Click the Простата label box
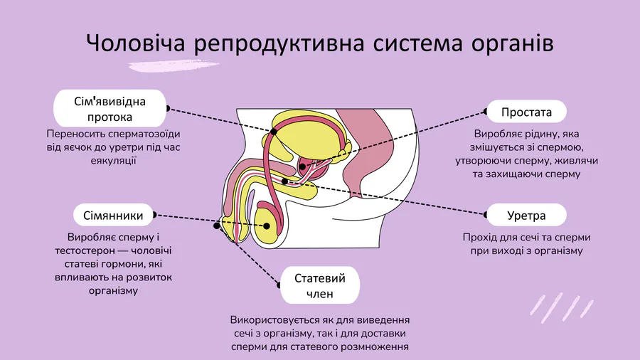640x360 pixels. click(x=526, y=112)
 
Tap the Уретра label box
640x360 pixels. click(x=526, y=215)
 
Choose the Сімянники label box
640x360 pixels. click(x=114, y=215)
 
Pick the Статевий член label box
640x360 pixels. click(x=320, y=285)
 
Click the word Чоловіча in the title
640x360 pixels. click(x=134, y=43)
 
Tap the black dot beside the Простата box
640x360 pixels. click(x=487, y=112)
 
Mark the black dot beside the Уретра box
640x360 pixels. click(x=487, y=215)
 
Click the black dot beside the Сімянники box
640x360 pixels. click(x=155, y=214)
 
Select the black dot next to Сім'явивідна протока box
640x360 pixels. click(x=168, y=108)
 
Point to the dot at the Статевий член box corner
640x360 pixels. click(x=279, y=286)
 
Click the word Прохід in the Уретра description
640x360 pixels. click(x=479, y=237)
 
